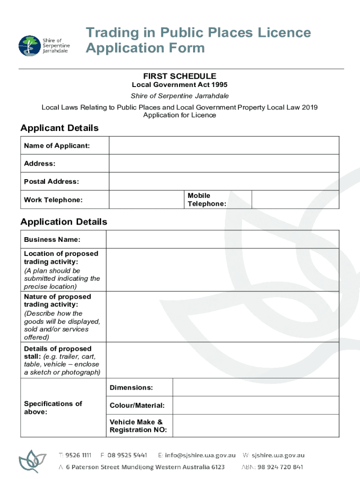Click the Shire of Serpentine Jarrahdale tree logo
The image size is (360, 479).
[x=29, y=46]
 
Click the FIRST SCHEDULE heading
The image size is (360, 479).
[x=180, y=76]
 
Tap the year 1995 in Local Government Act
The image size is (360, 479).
[x=219, y=85]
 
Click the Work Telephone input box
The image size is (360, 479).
[x=146, y=199]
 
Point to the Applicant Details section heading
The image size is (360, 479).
[x=59, y=128]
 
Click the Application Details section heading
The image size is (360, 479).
[x=64, y=222]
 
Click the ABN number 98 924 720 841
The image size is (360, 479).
[x=280, y=467]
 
